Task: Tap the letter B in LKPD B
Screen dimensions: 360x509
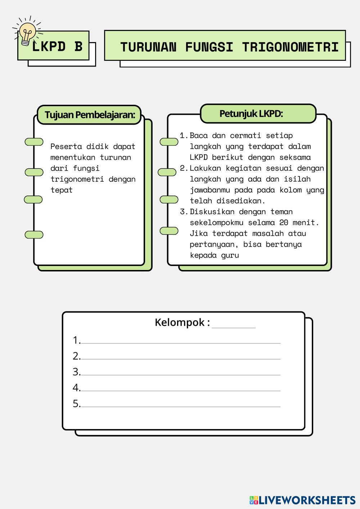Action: [78, 46]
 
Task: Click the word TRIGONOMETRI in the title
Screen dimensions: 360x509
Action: [290, 47]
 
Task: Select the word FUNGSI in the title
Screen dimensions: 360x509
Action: [209, 47]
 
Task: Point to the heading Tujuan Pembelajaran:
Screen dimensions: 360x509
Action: [90, 115]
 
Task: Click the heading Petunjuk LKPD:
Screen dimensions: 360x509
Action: [251, 114]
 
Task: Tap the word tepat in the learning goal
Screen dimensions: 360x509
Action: [61, 190]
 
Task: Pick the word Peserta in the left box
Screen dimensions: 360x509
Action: [66, 147]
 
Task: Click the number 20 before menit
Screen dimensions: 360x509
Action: [284, 222]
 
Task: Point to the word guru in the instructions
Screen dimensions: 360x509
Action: [230, 256]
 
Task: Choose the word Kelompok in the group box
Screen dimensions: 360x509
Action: [180, 323]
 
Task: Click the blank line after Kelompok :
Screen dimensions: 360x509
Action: [234, 328]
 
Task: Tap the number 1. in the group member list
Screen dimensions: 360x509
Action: [77, 340]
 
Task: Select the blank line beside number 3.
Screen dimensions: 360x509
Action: [181, 375]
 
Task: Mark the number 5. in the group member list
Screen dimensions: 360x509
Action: [77, 404]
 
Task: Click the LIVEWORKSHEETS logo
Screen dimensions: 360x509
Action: [302, 500]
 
